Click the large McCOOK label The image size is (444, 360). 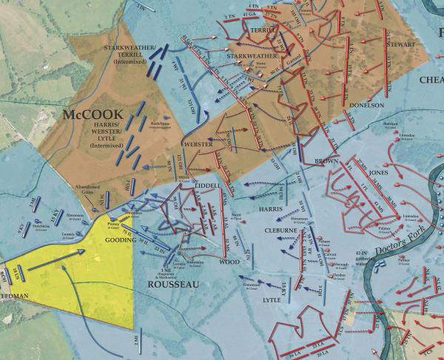pos(92,116)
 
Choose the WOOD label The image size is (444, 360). pos(229,262)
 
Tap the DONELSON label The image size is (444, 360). pos(383,105)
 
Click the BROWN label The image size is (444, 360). pos(326,160)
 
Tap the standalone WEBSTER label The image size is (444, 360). pos(198,143)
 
